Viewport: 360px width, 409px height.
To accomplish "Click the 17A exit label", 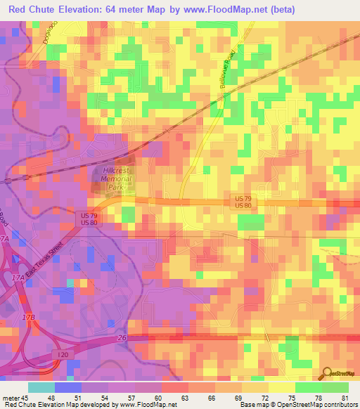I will click(x=19, y=278).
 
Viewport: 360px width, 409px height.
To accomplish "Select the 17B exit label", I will click(x=28, y=318).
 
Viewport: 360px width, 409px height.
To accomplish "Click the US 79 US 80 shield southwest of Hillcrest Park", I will click(x=89, y=218).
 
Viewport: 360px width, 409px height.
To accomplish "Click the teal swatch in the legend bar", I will click(x=41, y=387).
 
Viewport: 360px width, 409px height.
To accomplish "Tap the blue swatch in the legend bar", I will click(x=68, y=387).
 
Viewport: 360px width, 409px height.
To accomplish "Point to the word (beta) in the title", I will click(x=278, y=9).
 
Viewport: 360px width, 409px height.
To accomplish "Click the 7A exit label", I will click(x=6, y=239).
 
